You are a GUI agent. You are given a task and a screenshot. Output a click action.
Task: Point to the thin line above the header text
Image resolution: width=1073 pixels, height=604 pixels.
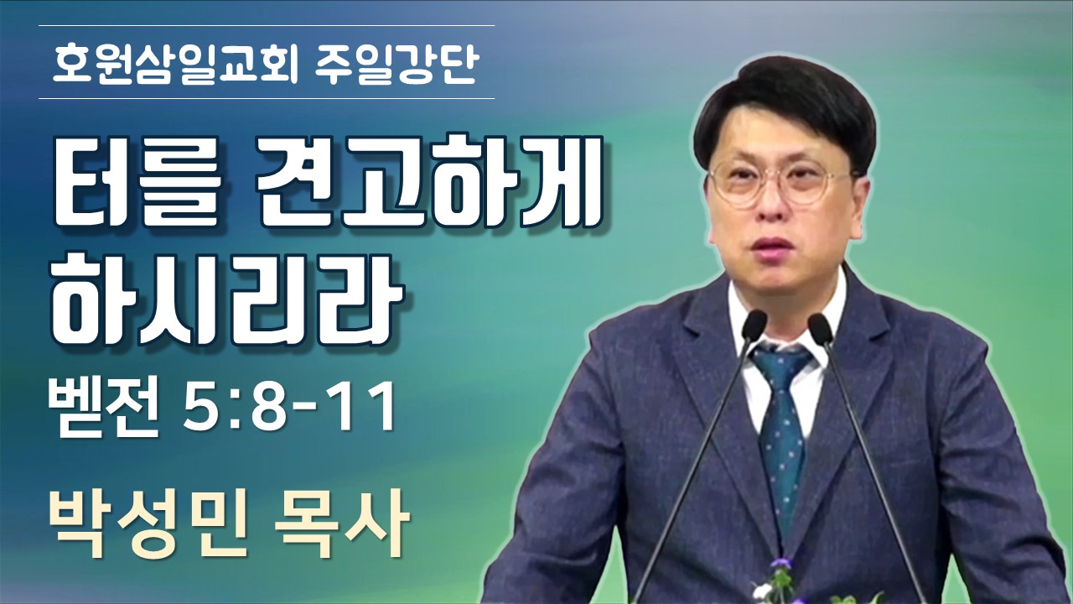pyautogui.click(x=267, y=25)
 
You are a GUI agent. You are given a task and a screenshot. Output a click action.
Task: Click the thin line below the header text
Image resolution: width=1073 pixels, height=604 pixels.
pyautogui.click(x=267, y=99)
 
